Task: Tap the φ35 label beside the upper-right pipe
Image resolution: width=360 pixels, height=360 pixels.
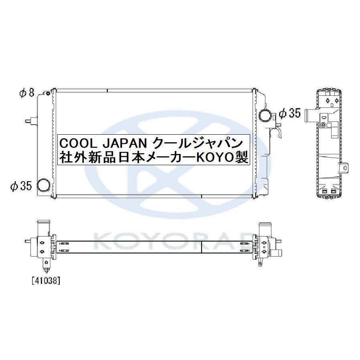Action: [289, 114]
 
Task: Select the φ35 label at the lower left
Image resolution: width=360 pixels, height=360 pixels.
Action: [20, 186]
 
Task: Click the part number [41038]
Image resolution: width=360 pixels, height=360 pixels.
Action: [45, 281]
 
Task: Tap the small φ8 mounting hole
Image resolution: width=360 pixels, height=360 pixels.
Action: [48, 94]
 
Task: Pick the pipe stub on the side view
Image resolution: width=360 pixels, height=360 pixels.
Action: [310, 116]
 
